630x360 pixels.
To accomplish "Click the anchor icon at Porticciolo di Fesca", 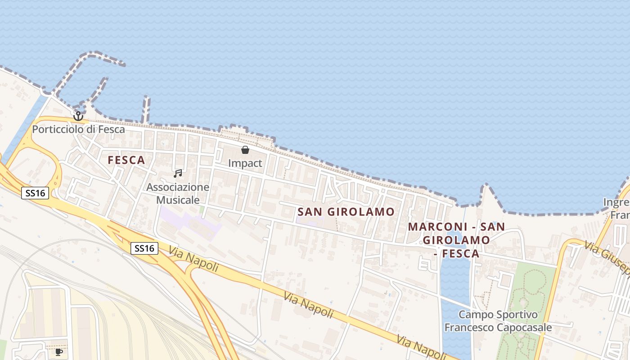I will point(78,116).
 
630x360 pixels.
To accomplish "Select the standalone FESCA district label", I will point(126,160).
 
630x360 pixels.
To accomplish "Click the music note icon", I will point(178,174).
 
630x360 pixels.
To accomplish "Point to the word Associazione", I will point(178,187).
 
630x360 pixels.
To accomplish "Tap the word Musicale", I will point(178,200).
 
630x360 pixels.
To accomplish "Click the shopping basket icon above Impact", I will point(245,150).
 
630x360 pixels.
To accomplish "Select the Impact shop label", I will point(245,163).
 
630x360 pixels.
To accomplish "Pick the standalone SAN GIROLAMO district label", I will point(346,211).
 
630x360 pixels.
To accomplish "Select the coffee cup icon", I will point(58,352).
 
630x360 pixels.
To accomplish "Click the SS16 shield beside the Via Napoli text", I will point(144,248).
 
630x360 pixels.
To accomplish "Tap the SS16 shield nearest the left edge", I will point(35,193).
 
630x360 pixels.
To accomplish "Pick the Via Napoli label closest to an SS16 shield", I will point(194,259).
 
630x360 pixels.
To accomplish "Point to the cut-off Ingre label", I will point(616,202).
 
